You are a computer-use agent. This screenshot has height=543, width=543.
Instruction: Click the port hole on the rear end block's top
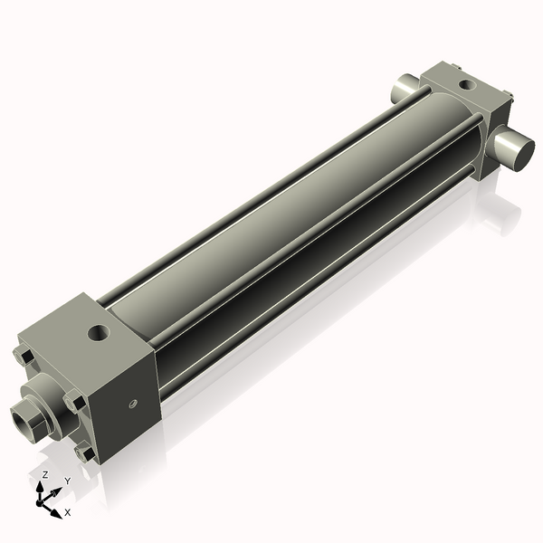[x=465, y=85]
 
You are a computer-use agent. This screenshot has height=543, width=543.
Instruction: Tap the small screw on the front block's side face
[x=133, y=403]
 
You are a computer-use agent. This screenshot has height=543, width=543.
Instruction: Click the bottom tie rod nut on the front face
[x=85, y=449]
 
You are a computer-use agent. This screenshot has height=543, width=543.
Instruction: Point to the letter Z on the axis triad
[x=44, y=474]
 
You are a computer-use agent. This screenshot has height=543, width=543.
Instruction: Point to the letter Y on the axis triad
[x=67, y=481]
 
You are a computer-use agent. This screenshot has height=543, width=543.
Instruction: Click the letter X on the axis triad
[x=67, y=513]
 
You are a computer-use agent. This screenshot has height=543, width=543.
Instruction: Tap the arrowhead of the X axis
[x=56, y=509]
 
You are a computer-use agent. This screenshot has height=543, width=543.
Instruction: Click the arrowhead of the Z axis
[x=41, y=486]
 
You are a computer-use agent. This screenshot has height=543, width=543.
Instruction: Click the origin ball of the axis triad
[x=42, y=500]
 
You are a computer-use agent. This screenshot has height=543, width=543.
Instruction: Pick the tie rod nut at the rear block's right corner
[x=510, y=97]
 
